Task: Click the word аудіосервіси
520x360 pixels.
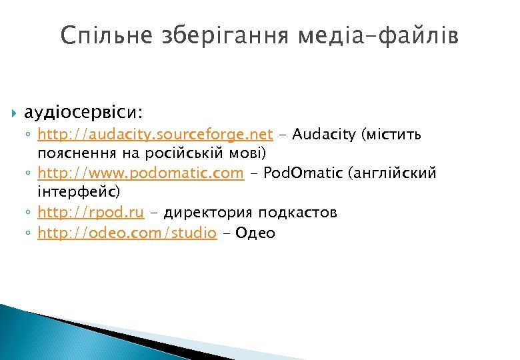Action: point(84,109)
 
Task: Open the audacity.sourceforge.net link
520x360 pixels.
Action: point(155,135)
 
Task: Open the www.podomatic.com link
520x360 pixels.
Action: point(141,173)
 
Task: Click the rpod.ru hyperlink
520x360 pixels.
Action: point(91,213)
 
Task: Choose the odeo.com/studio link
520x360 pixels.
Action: point(127,233)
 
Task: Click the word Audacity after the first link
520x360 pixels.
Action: point(325,135)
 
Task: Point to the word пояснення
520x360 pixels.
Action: point(72,154)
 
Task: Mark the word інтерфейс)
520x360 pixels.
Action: point(79,193)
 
